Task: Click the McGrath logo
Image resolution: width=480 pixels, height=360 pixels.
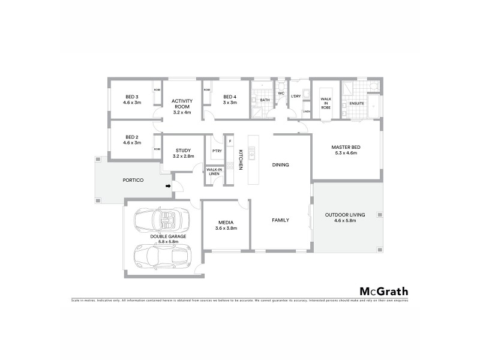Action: pos(384,292)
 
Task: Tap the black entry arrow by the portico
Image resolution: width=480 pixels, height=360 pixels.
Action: pos(169,186)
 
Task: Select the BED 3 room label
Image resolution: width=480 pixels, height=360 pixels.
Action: pos(132,100)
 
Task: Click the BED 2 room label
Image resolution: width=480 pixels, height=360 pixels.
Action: pos(132,140)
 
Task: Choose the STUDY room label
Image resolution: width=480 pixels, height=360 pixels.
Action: pos(183,153)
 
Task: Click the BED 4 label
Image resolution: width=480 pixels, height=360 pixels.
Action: pos(230,100)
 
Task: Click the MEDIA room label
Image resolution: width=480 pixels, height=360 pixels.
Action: pos(226,225)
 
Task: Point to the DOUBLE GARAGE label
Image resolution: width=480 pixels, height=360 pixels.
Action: pos(168,239)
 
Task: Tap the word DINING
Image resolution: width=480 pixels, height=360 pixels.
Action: pos(281,164)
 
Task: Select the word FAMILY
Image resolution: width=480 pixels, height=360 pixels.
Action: pos(281,220)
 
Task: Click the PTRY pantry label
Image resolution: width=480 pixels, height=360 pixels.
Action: pos(217,151)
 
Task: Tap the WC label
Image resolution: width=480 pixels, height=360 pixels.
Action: pos(281,93)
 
